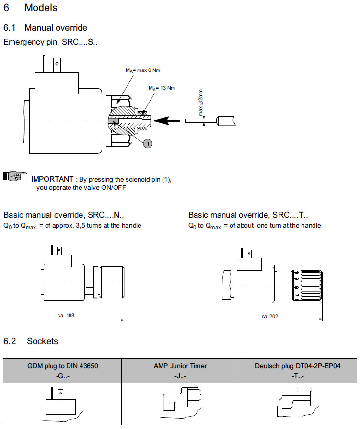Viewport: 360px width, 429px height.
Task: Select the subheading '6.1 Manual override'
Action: (x=45, y=28)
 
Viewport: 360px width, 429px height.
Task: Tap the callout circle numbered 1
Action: (x=148, y=142)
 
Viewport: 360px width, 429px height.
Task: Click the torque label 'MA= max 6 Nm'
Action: (x=143, y=70)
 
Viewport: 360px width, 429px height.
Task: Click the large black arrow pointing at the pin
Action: (x=168, y=120)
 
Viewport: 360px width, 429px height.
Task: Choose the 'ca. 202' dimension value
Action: (x=270, y=316)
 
